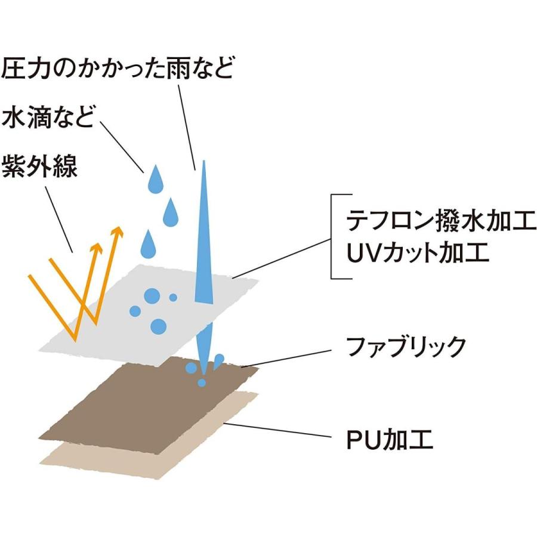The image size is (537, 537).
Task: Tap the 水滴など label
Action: [48, 118]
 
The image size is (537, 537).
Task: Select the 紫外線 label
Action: [39, 166]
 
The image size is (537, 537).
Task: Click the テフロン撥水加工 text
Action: [441, 221]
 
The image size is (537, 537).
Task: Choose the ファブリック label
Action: [406, 346]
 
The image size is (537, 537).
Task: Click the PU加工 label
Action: [390, 440]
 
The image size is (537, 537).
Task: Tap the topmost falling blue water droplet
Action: [155, 180]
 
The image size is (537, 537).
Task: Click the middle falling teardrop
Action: [171, 213]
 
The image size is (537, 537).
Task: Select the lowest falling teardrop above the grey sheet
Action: [149, 245]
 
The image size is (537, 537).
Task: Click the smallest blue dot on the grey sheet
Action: [173, 297]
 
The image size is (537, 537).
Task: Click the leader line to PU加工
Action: [277, 430]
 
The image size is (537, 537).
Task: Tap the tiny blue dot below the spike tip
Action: [202, 382]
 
